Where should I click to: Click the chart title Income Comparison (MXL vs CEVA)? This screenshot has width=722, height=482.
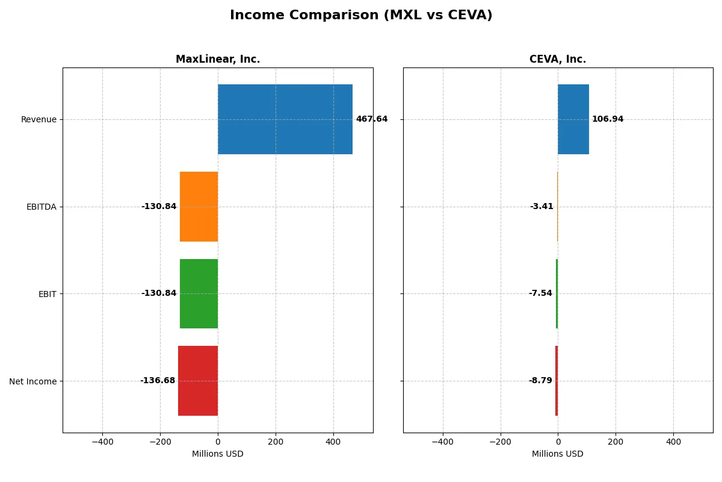coord(361,16)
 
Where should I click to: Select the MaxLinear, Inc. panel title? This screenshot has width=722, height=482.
coord(218,60)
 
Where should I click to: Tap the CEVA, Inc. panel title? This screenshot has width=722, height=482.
coord(558,60)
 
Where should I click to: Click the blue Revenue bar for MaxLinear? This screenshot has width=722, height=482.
coord(285,119)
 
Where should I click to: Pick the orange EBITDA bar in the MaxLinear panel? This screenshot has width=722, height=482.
coord(199,207)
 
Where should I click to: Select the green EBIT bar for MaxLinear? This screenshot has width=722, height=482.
coord(199,293)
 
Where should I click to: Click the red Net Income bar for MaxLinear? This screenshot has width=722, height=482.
coord(198,381)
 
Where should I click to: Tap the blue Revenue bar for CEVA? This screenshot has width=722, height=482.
coord(573,119)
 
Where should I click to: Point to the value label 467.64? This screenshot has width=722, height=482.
coord(372,119)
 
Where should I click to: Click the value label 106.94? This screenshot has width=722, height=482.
coord(608,119)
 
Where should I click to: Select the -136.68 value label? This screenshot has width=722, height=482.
coord(158,381)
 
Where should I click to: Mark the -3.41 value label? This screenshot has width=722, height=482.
coord(541,207)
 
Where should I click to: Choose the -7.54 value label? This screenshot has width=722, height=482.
coord(540,293)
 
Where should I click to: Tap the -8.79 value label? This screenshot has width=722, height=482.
coord(540,381)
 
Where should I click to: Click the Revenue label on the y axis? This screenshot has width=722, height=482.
coord(39,120)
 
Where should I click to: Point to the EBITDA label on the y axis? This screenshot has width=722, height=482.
coord(41,207)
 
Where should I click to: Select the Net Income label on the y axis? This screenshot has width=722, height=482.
coord(33,381)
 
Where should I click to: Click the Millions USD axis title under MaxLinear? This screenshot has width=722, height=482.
coord(218,454)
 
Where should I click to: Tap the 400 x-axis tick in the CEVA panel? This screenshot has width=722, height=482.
coord(673,442)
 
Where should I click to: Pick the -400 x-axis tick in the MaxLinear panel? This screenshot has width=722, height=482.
coord(102,442)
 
